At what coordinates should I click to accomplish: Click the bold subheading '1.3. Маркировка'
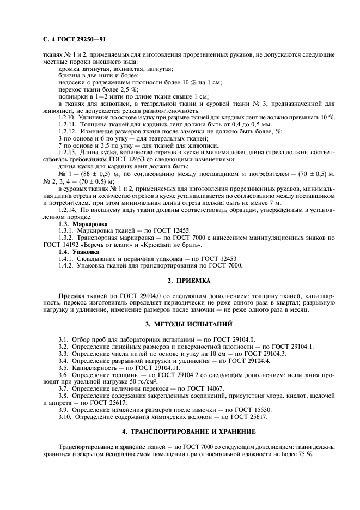click(83, 224)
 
